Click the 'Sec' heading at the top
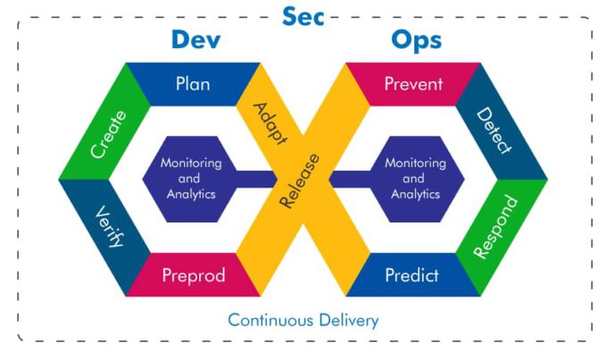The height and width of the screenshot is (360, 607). [303, 15]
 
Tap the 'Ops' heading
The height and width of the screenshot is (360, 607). [416, 41]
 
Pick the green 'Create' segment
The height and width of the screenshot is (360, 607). [106, 134]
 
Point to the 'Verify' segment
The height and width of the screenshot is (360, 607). [106, 228]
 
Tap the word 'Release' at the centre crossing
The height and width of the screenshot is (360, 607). [301, 180]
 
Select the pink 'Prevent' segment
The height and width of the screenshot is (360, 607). [413, 84]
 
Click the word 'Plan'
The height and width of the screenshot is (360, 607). [193, 84]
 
